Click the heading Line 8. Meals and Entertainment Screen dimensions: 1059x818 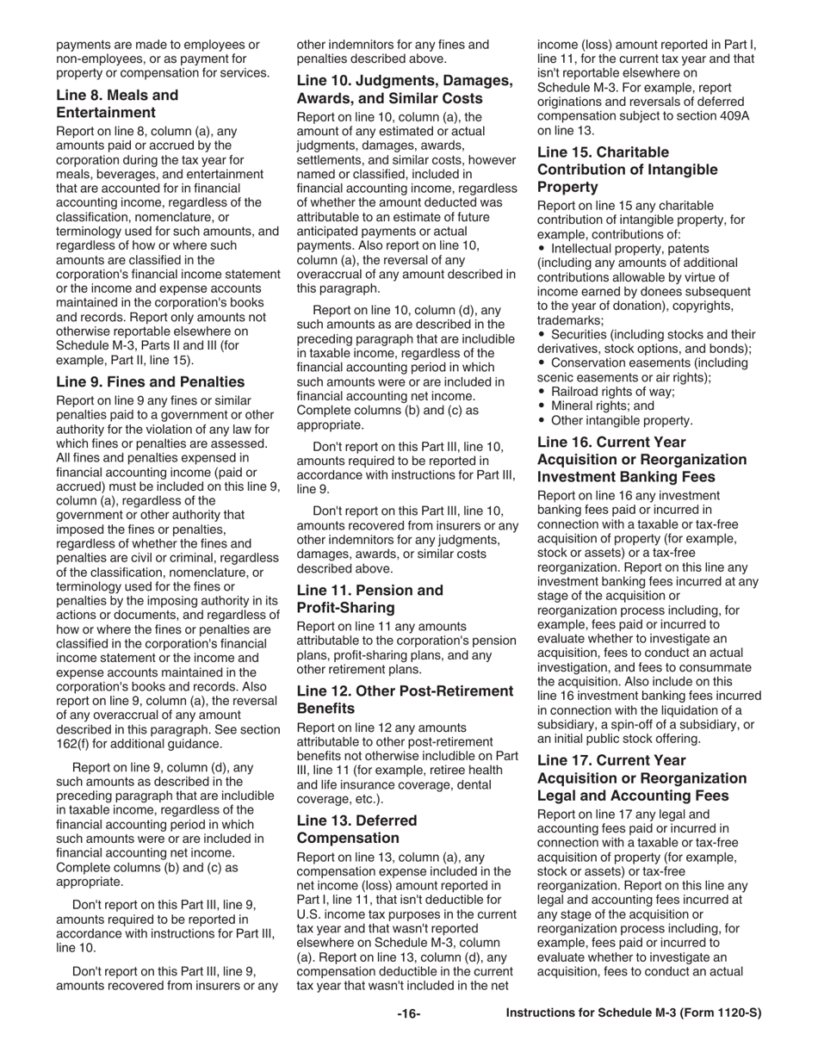tap(117, 103)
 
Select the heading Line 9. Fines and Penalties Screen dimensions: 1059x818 tap(150, 381)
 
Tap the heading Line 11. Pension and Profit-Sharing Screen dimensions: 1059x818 tap(369, 598)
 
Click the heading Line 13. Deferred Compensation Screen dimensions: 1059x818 tap(356, 828)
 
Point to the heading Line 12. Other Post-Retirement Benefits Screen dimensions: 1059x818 tap(404, 699)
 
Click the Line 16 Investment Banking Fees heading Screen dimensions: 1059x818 tap(641, 459)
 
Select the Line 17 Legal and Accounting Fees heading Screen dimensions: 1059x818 tap(641, 777)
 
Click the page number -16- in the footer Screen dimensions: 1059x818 tap(408, 1013)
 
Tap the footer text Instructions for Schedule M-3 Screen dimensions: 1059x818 tap(634, 1013)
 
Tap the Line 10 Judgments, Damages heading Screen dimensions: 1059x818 tap(404, 89)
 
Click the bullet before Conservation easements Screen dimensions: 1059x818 tap(542, 362)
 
